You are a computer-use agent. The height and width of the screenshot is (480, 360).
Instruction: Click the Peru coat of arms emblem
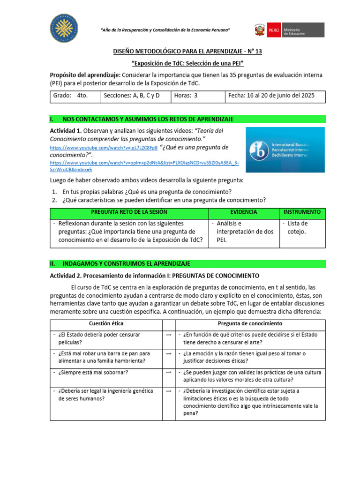pyautogui.click(x=259, y=30)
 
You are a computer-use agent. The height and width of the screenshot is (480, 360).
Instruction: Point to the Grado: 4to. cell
pyautogui.click(x=75, y=96)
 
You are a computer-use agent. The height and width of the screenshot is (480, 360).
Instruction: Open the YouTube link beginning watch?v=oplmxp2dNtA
pyautogui.click(x=144, y=163)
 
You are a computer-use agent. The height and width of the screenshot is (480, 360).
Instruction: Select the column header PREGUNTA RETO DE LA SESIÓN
pyautogui.click(x=129, y=212)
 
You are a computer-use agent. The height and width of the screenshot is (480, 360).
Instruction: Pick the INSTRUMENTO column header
pyautogui.click(x=302, y=212)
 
